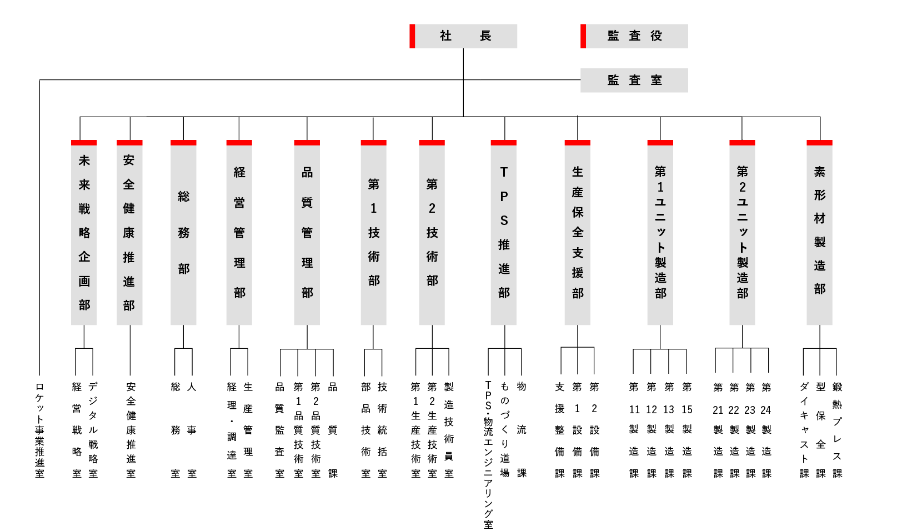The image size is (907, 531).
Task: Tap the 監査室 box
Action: point(634,80)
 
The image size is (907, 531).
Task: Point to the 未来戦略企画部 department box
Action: point(84,233)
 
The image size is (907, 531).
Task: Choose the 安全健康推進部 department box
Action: point(129,233)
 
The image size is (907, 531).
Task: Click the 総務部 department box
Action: point(183,233)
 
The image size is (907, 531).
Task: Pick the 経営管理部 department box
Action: point(239,233)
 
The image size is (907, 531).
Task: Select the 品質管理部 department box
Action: point(307,233)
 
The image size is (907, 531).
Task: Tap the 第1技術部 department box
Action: point(373,233)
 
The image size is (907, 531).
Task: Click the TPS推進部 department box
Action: point(504,233)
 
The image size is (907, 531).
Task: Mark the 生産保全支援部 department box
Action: point(578,233)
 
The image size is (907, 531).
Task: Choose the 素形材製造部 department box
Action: point(819,233)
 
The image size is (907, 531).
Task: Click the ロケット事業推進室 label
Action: point(39,430)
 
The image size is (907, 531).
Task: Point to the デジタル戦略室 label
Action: point(93,430)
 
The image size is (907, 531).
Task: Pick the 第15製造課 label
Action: point(687,430)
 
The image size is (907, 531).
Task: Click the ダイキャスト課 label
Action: point(804,430)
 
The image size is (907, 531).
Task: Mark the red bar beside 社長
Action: point(412,36)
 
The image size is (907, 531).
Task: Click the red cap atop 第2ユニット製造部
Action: point(742,143)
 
